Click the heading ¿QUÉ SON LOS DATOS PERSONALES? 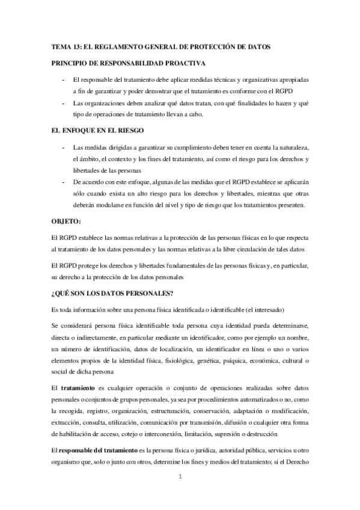112,293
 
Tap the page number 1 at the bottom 180,478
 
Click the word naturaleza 290,147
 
